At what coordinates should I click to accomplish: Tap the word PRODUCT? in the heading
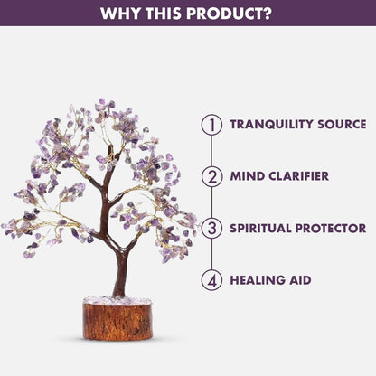[229, 14]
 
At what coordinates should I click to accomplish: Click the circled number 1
[211, 125]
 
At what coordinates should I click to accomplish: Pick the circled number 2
[211, 177]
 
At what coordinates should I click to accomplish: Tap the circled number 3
[211, 229]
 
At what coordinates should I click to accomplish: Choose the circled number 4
[211, 280]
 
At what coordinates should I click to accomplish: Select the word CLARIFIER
[297, 177]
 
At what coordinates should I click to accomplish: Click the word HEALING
[257, 280]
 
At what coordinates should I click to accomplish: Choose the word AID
[300, 280]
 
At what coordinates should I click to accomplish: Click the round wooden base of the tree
[117, 321]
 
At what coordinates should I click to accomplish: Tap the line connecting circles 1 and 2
[211, 151]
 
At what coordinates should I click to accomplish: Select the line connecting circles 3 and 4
[211, 255]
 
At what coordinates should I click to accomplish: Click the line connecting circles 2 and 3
[211, 203]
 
